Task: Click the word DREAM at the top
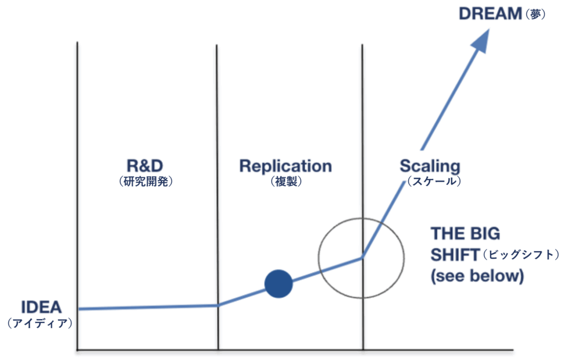point(490,14)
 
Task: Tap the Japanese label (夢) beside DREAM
point(535,14)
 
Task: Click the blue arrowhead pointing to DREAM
point(481,40)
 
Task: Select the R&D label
point(145,166)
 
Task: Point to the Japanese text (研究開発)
point(145,181)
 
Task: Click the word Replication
point(286,166)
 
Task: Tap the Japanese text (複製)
point(286,181)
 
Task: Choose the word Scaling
point(430,166)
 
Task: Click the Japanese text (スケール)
point(434,181)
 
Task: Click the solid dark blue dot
point(278,283)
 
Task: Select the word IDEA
point(41,308)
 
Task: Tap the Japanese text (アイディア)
point(40,323)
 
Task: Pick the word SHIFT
point(455,255)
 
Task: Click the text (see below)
point(478,276)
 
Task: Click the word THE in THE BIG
point(447,234)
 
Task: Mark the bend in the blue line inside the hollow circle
point(362,257)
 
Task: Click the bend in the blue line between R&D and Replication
point(218,306)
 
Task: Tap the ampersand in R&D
point(145,166)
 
